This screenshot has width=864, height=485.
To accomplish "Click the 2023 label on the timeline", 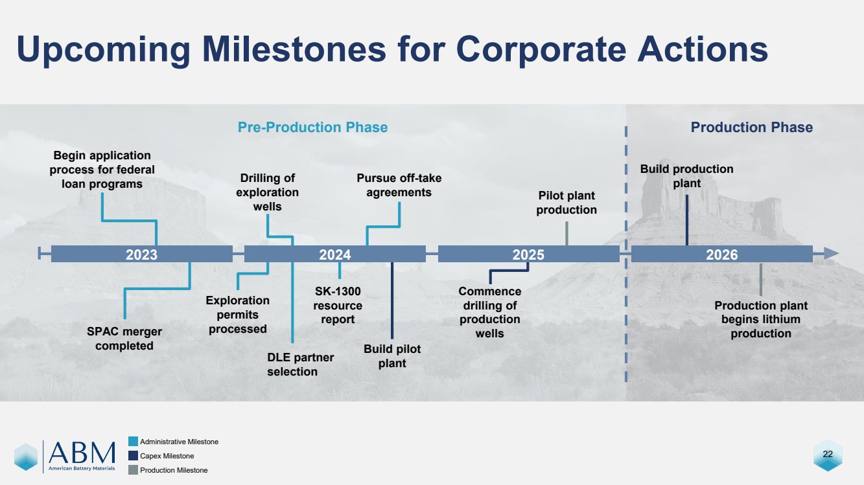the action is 141,254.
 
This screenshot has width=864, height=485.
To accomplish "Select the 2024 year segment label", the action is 335,254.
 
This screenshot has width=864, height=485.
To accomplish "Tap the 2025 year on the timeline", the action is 528,254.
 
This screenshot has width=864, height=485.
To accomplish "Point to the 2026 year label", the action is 721,254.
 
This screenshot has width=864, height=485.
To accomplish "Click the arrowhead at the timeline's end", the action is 831,253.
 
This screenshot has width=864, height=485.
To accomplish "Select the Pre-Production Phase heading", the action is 312,127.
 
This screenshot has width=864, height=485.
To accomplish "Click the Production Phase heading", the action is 751,127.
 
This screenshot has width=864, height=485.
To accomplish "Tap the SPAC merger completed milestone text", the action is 124,339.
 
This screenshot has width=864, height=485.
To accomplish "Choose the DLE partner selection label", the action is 301,365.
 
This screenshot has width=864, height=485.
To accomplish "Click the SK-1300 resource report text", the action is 338,305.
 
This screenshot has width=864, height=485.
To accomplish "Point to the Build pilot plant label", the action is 392,356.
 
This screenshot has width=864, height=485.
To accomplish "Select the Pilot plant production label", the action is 566,203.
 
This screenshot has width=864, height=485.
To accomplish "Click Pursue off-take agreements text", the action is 399,185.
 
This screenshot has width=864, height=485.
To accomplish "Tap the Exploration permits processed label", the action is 238,314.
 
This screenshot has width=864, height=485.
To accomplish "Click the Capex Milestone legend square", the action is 133,456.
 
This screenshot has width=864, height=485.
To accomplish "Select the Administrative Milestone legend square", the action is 133,442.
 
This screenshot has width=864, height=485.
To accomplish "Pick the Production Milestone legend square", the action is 133,470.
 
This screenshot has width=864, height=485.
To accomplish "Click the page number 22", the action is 828,454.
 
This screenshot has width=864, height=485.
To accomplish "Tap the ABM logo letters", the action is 82,453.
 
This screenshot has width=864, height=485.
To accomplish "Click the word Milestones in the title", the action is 294,49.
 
